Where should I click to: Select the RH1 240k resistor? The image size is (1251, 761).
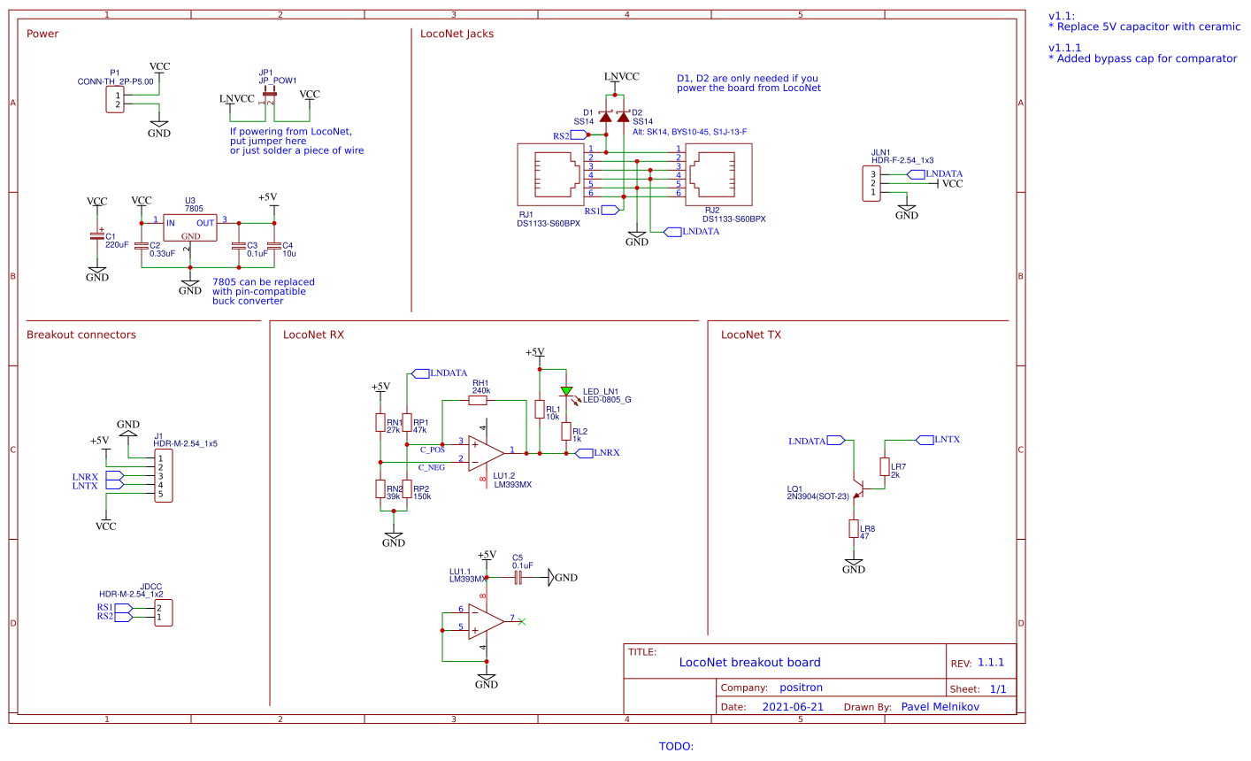[478, 401]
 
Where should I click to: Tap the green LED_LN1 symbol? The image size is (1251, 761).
[566, 391]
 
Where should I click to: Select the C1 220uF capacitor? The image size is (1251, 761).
[97, 236]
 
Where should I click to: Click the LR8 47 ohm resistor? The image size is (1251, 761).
[853, 529]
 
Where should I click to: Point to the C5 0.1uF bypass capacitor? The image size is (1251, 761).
[518, 578]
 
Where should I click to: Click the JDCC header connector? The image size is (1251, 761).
[163, 612]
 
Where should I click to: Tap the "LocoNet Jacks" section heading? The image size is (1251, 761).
[457, 35]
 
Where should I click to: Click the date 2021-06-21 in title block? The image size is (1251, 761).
[792, 707]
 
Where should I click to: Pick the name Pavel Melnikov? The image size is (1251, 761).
[940, 707]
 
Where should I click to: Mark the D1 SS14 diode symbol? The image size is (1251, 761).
[606, 117]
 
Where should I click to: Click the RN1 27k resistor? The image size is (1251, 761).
[380, 423]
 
